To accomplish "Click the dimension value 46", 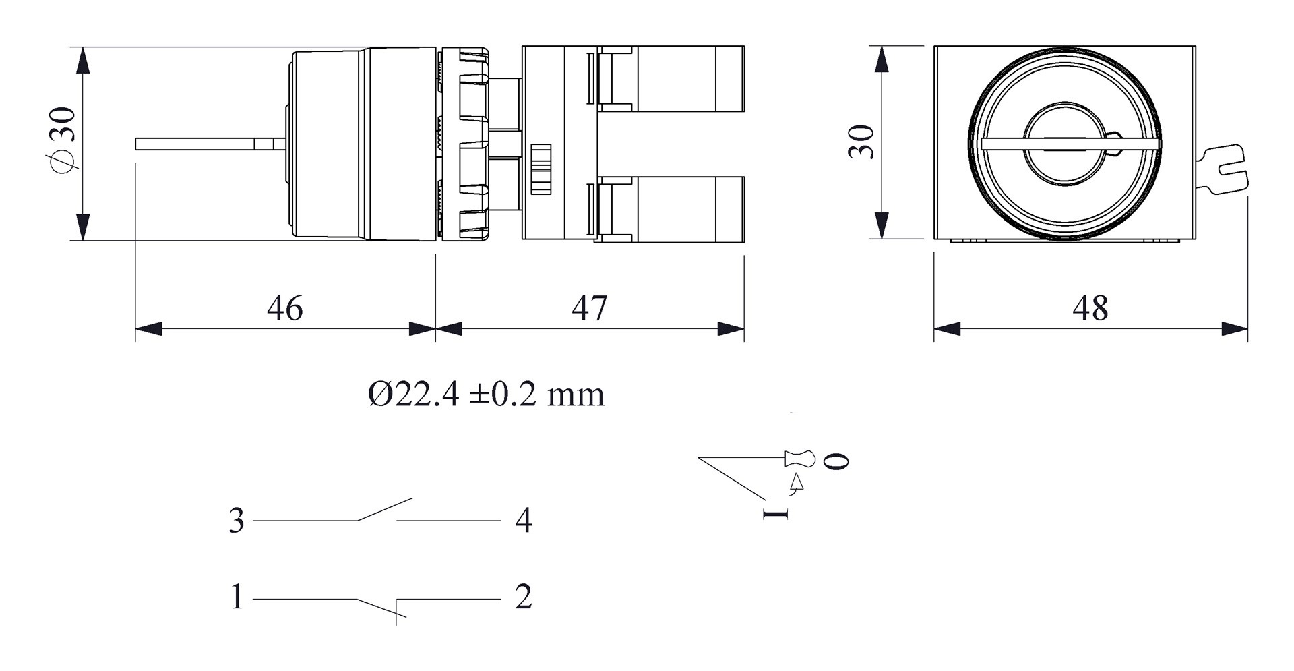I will click(x=284, y=308).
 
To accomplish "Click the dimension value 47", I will click(x=589, y=308).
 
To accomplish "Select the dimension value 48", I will click(x=1090, y=308).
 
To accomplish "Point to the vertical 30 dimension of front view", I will click(x=861, y=142).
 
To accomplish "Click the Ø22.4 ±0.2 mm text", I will click(x=486, y=394).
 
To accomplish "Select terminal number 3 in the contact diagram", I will click(x=236, y=521).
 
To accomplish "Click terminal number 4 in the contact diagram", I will click(x=524, y=521).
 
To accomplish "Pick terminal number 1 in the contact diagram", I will click(x=236, y=597).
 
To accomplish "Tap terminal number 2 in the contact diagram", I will click(x=524, y=597).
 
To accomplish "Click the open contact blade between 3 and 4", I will click(x=384, y=509).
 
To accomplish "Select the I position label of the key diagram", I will click(x=776, y=514).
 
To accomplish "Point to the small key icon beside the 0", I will click(x=801, y=459).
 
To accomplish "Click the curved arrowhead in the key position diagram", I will click(x=798, y=482).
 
